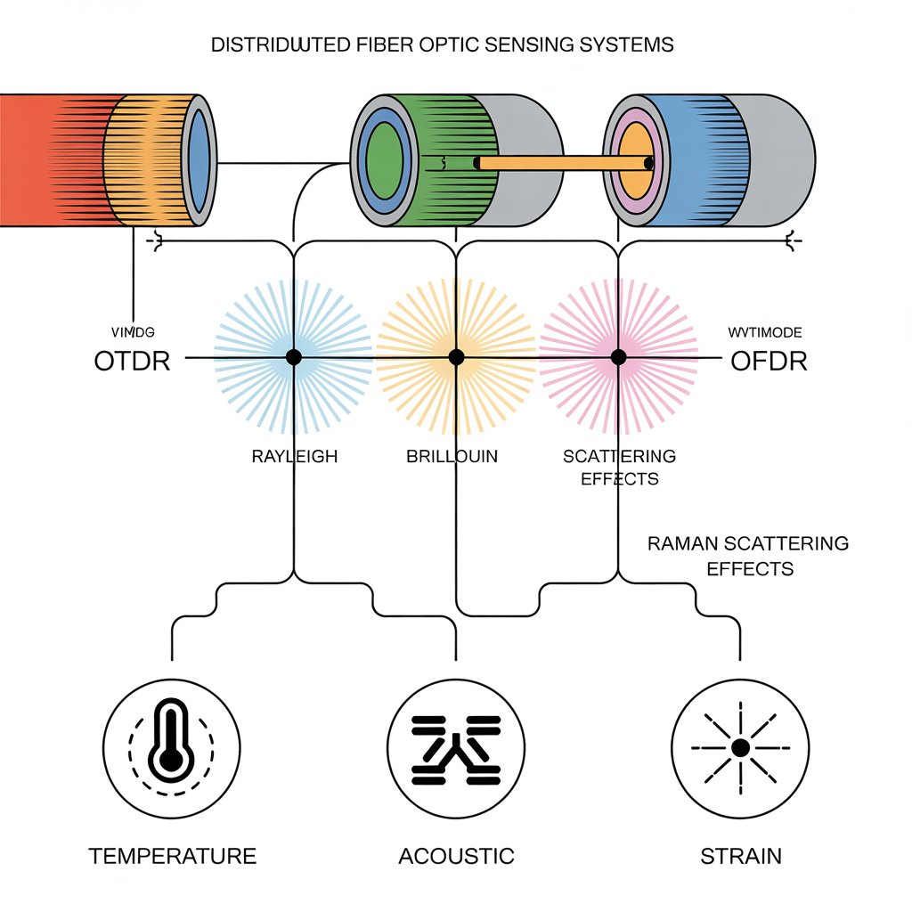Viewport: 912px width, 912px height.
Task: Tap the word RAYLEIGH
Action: tap(294, 457)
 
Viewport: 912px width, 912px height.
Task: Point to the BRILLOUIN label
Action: tap(452, 457)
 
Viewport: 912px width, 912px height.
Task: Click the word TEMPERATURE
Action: tap(172, 857)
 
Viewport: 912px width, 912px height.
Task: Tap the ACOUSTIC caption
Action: tap(456, 857)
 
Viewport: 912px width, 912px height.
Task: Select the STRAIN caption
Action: tap(741, 857)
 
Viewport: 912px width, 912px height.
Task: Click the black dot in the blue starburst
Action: tap(293, 357)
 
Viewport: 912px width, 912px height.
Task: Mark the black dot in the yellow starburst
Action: tap(456, 357)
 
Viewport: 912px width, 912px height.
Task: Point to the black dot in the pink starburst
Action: tap(619, 357)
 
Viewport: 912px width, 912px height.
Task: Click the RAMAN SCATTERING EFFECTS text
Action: tap(748, 555)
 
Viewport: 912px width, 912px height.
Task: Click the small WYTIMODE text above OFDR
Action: tap(765, 332)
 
